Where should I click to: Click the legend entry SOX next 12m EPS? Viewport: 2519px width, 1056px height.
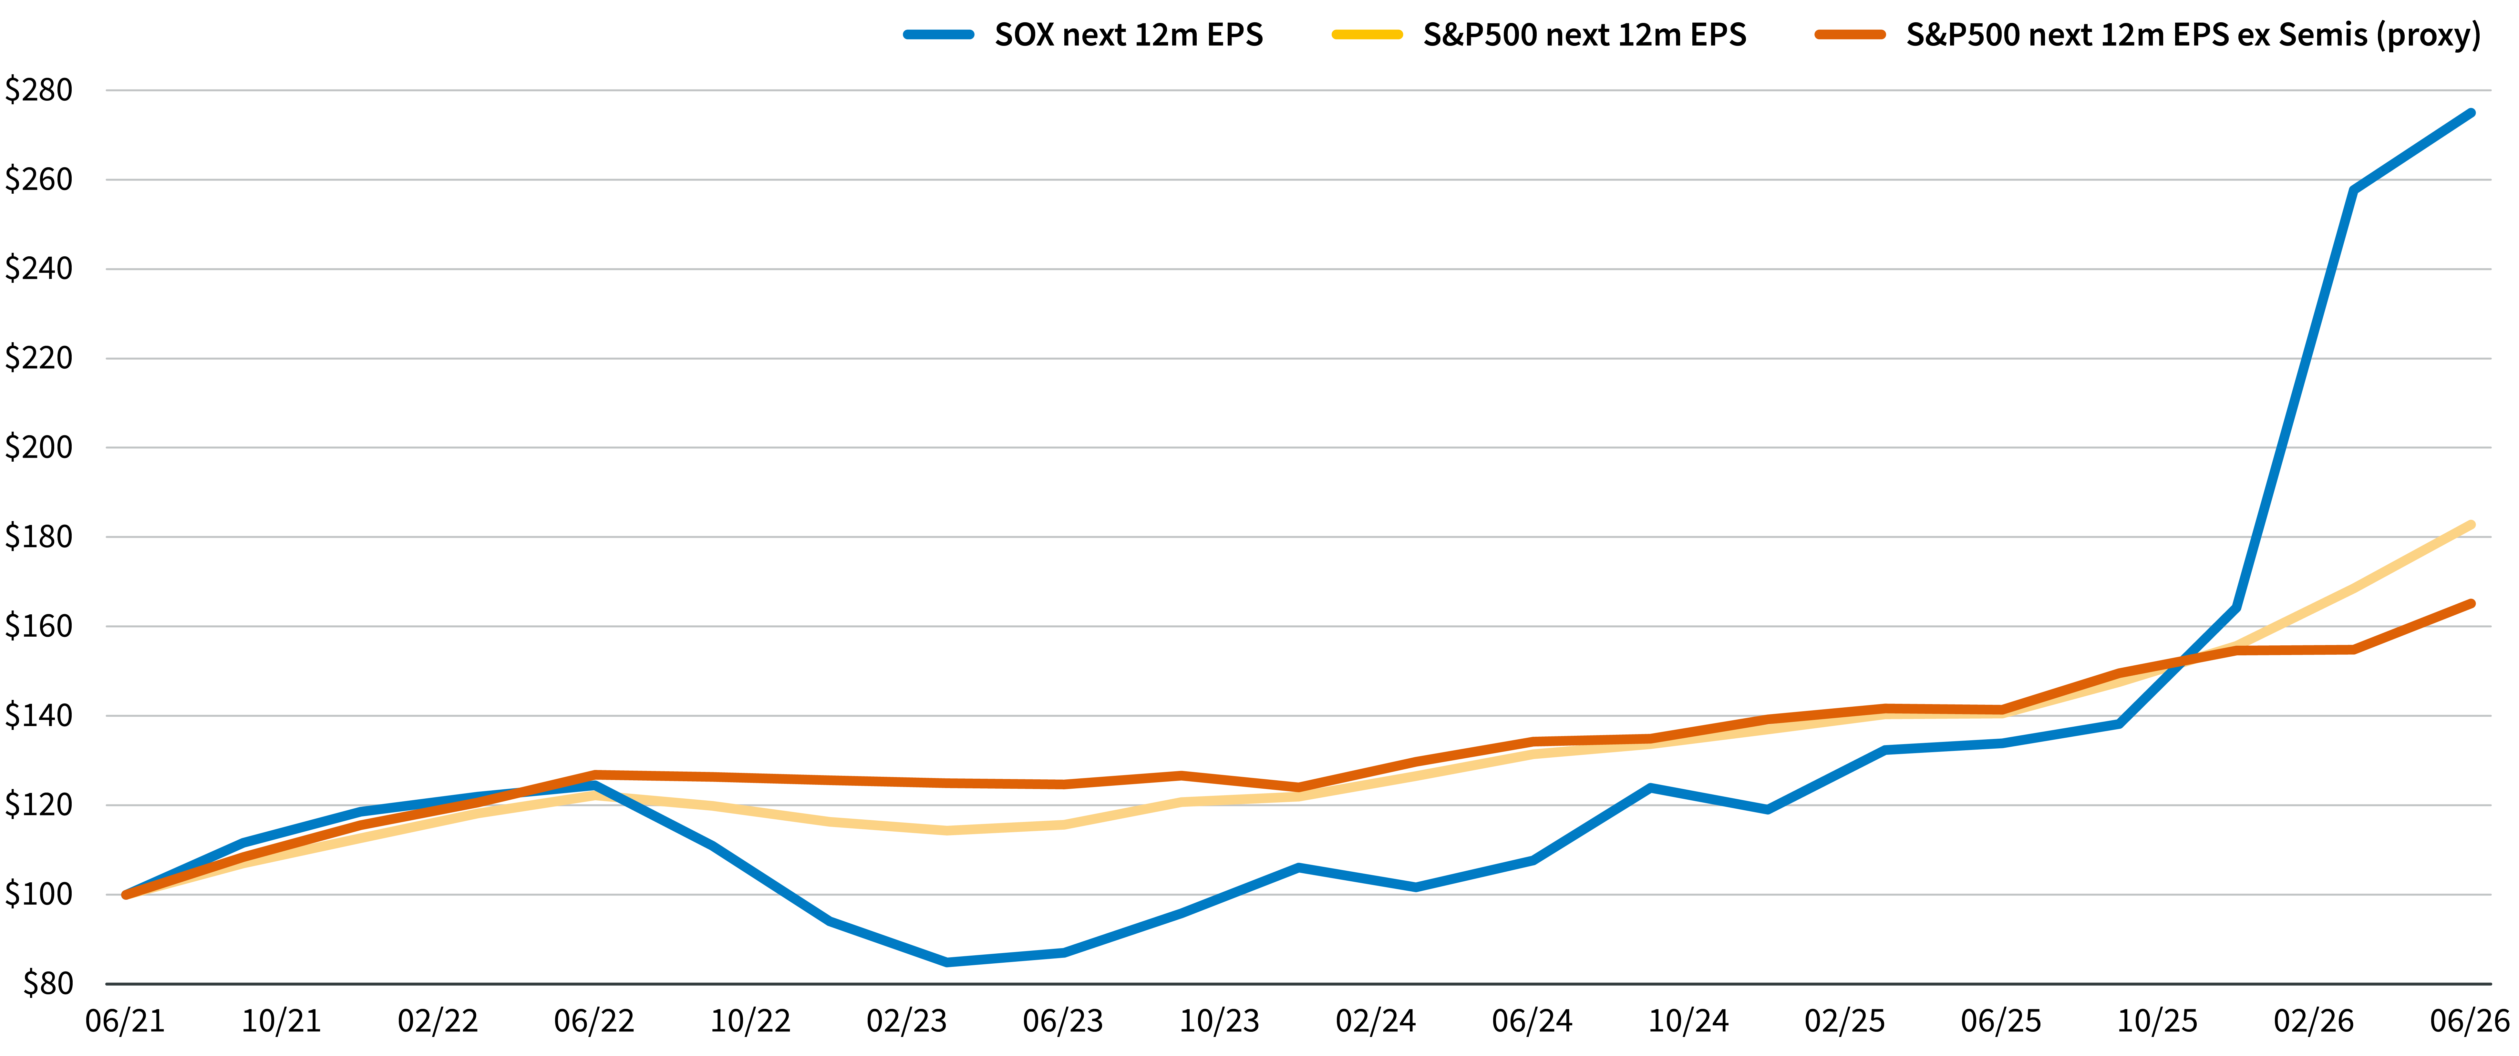click(x=1129, y=35)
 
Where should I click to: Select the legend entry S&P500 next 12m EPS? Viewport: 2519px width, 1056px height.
click(x=1584, y=35)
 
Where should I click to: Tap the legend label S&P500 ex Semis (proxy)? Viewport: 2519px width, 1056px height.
click(x=2194, y=35)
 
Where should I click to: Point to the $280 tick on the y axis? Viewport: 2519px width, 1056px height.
click(x=39, y=90)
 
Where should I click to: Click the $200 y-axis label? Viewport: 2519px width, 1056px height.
click(x=39, y=447)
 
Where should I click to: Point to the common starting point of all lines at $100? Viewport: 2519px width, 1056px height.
click(x=125, y=895)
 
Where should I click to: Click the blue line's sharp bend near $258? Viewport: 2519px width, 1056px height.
click(x=2354, y=191)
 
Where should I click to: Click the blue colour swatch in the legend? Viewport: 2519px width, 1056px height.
click(x=939, y=35)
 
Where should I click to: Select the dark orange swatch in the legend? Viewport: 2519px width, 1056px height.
click(x=1850, y=35)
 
